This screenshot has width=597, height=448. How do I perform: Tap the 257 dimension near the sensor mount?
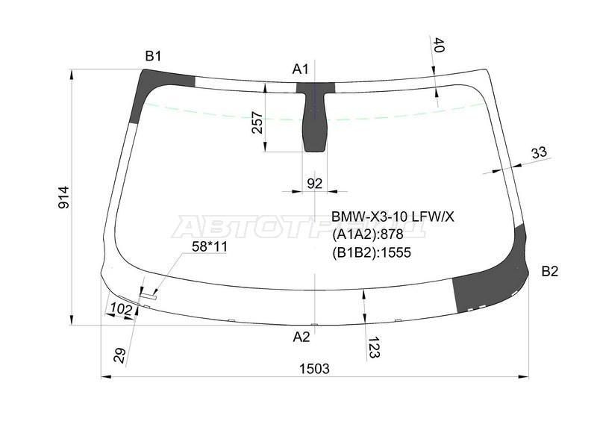pos(257,122)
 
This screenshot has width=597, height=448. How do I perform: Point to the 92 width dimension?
pos(315,183)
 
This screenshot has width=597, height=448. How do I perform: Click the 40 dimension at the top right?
pos(439,46)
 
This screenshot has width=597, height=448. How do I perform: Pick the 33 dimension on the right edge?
pos(539,153)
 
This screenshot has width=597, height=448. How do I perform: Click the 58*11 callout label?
pos(209,247)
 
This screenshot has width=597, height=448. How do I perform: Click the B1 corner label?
pos(153,56)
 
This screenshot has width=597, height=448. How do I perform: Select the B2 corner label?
pos(549,271)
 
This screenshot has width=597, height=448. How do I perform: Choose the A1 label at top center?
pos(300,69)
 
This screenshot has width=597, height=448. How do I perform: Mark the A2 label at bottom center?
pos(301,337)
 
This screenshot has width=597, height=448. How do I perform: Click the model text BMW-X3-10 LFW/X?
pos(393,217)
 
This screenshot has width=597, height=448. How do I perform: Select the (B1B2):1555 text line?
pos(372,252)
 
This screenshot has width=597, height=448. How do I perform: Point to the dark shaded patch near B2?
pos(485,287)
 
